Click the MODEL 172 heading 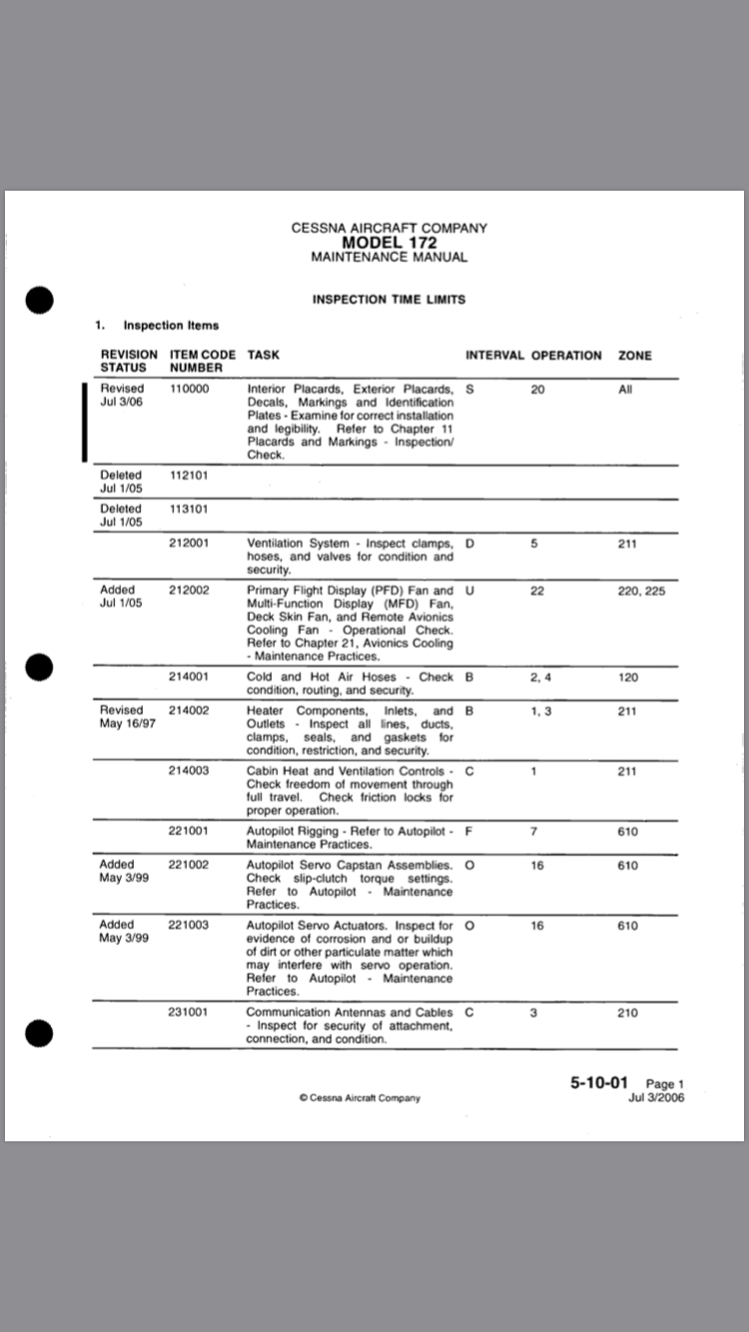tap(389, 243)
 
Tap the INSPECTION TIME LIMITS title tap(388, 299)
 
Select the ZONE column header tap(636, 355)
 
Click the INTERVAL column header tap(494, 355)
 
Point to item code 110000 tap(190, 389)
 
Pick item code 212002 tap(190, 590)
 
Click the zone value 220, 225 tap(641, 590)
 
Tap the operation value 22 tap(537, 590)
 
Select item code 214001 tap(190, 677)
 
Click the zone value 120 tap(627, 677)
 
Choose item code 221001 tap(190, 832)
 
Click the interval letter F tap(469, 832)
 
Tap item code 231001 tap(190, 1012)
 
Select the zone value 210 tap(627, 1012)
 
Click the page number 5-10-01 tap(599, 1082)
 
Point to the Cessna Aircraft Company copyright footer tap(360, 1098)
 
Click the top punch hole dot tap(39, 299)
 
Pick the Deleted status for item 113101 tap(121, 514)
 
